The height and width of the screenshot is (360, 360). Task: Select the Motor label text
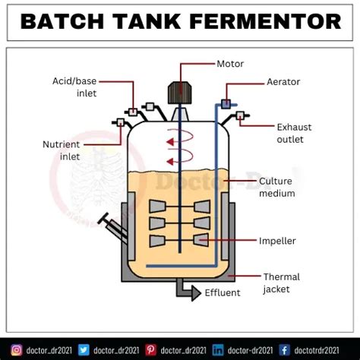230,64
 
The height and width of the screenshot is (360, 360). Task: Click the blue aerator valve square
226,103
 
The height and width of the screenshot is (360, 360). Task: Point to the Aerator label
283,81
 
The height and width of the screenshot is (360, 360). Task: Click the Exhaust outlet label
290,133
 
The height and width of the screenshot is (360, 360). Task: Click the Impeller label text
277,241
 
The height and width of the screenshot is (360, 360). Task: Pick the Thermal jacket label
280,283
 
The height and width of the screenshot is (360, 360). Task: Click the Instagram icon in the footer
16,349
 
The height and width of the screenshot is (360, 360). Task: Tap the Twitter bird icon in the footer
84,349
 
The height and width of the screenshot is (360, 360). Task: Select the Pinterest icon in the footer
151,349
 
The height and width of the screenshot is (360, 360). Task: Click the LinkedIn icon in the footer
219,349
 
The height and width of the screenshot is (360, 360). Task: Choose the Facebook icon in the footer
284,349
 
